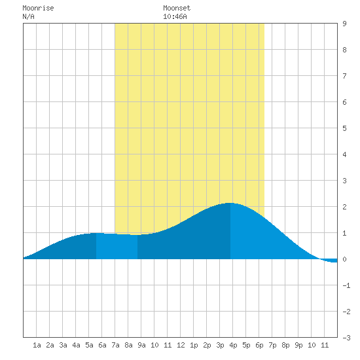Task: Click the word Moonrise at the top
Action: [x=38, y=9]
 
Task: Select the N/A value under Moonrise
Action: [x=28, y=16]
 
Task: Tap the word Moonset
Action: [x=177, y=9]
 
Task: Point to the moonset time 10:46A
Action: [x=175, y=16]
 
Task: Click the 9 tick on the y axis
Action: [x=344, y=24]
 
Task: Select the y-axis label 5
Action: [x=344, y=128]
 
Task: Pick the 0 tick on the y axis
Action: [x=344, y=259]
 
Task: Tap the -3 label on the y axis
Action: [x=346, y=338]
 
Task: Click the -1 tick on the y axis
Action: [x=346, y=285]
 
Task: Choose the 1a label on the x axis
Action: [x=37, y=345]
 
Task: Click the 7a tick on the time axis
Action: [x=115, y=345]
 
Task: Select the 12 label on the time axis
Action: [x=181, y=345]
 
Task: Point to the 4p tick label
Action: [x=233, y=345]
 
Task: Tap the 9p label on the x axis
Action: [x=298, y=345]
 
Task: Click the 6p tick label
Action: [x=259, y=345]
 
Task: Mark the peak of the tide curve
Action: [x=230, y=203]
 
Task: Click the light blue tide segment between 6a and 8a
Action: [x=117, y=246]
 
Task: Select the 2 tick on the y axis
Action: [x=344, y=207]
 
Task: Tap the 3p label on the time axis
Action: [x=220, y=345]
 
